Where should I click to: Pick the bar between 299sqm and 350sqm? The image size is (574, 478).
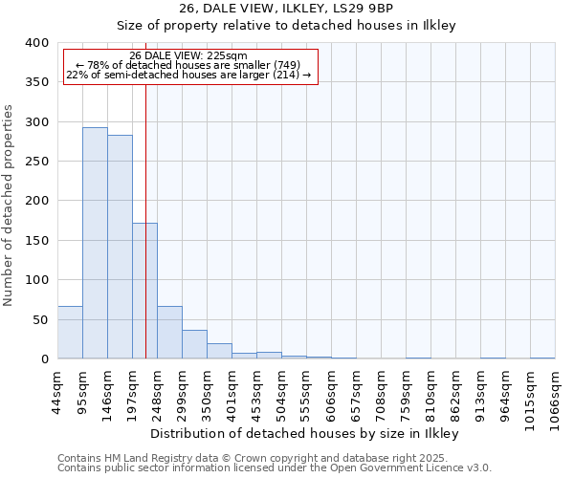tap(194, 344)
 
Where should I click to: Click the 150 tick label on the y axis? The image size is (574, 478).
tap(36, 241)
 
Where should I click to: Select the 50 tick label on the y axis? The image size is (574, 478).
tap(40, 320)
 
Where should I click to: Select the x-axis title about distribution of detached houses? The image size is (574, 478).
tap(305, 433)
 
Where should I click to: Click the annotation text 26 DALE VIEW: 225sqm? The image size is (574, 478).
tap(188, 55)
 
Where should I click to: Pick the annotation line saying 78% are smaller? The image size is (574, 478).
tap(188, 65)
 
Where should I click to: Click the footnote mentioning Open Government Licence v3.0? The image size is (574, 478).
tap(274, 468)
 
